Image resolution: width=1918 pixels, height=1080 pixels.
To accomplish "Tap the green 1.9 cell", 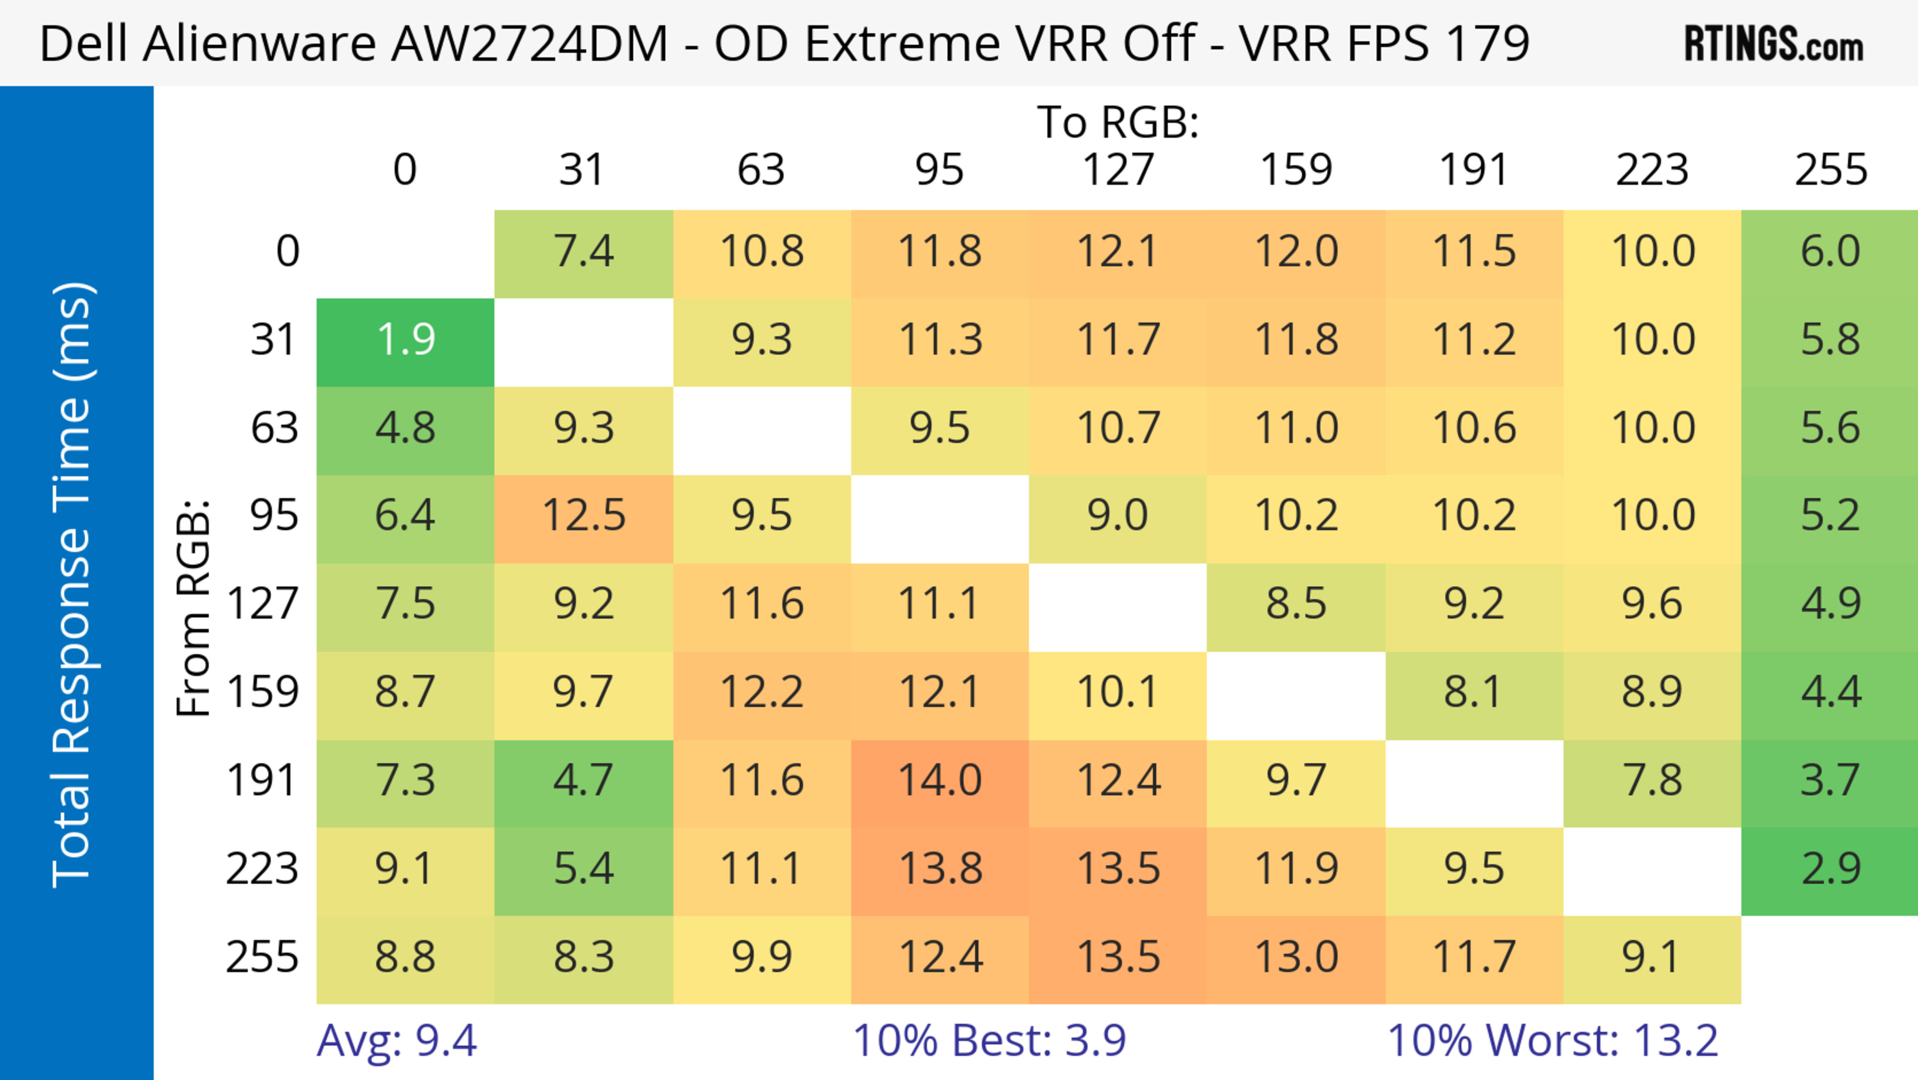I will [x=405, y=340].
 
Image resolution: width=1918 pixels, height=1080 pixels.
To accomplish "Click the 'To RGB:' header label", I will [x=1118, y=122].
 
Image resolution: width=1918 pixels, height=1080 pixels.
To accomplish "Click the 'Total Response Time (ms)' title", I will [x=73, y=585].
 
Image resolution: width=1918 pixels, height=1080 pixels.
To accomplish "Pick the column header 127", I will [x=1118, y=170].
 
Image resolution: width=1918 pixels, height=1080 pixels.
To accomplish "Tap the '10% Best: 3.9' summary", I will [x=989, y=1040].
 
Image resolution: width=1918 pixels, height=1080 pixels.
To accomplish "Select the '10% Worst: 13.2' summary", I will [x=1552, y=1040].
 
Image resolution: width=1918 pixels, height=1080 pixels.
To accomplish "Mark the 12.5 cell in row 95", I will [x=584, y=515].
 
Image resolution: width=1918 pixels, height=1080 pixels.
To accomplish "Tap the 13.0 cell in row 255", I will [x=1296, y=957].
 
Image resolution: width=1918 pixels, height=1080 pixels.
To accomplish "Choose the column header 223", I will [x=1652, y=170].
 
